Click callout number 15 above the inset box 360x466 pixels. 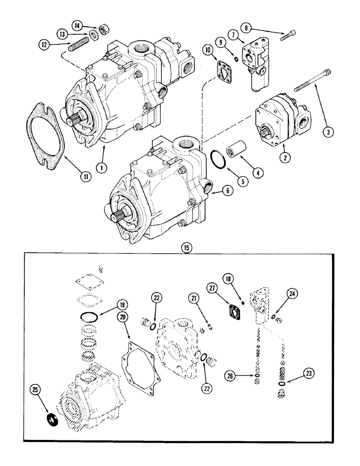186,247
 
